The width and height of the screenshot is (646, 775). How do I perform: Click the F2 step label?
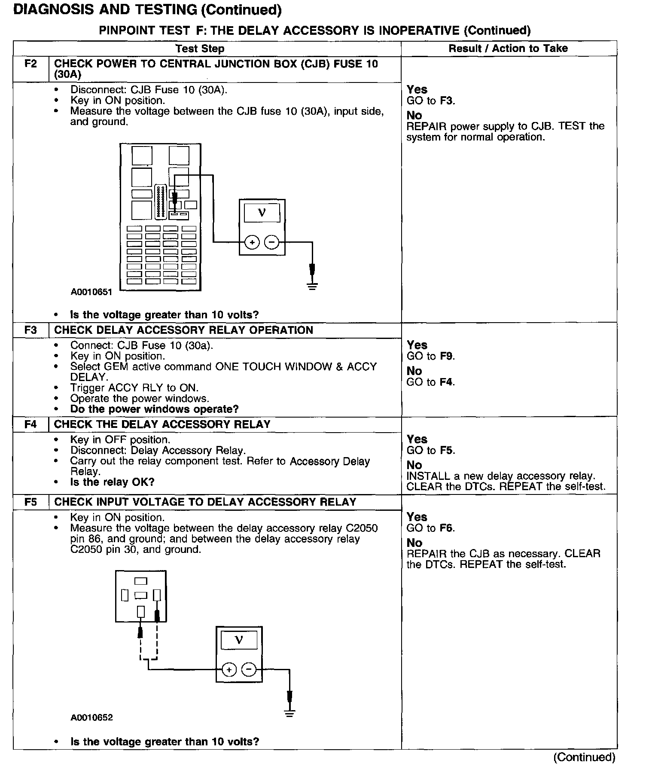coord(31,64)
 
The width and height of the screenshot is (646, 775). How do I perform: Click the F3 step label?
coord(31,330)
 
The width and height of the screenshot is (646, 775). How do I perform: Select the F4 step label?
coord(31,424)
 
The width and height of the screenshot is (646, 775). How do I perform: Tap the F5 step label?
coord(31,502)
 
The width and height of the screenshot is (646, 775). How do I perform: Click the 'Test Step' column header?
coord(200,49)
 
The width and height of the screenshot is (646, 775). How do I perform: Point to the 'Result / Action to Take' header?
coord(508,48)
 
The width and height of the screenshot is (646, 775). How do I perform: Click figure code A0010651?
coord(91,292)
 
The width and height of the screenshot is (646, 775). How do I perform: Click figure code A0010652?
coord(91,717)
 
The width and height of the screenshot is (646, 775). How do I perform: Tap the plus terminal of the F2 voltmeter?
coord(252,243)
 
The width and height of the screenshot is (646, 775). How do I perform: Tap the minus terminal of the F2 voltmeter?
coord(271,243)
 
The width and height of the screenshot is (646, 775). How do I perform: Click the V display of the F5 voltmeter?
coord(239,641)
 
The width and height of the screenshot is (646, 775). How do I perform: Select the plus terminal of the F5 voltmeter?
coord(229,670)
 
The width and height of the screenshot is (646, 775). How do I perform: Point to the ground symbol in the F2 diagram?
coord(312,286)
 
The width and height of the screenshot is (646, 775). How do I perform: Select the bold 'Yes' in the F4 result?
coord(417,439)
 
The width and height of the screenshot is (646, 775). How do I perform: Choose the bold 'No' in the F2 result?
coord(414,115)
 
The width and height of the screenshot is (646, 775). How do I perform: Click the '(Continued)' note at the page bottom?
coord(584,757)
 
